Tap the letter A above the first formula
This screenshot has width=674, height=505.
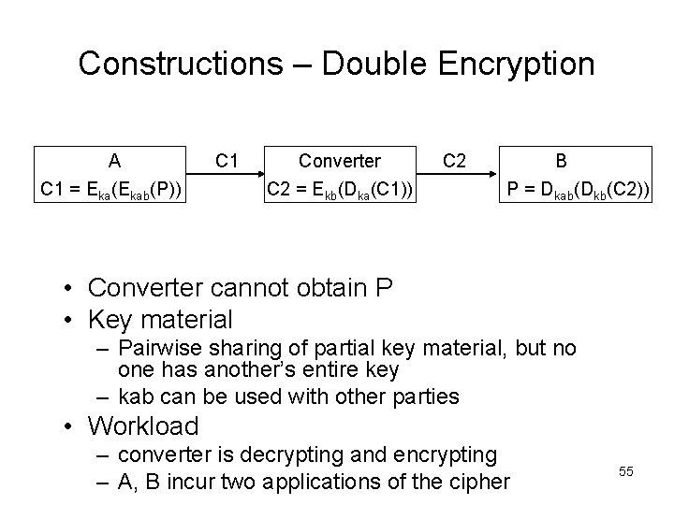[113, 160]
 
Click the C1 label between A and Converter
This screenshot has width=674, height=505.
[226, 160]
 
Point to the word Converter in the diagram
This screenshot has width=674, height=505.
[339, 160]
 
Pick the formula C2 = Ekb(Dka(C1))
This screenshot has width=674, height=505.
[340, 192]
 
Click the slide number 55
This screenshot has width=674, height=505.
[626, 472]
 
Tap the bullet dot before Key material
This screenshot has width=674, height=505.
[72, 320]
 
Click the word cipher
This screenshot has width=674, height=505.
[477, 483]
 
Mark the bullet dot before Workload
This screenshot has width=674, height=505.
[72, 427]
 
